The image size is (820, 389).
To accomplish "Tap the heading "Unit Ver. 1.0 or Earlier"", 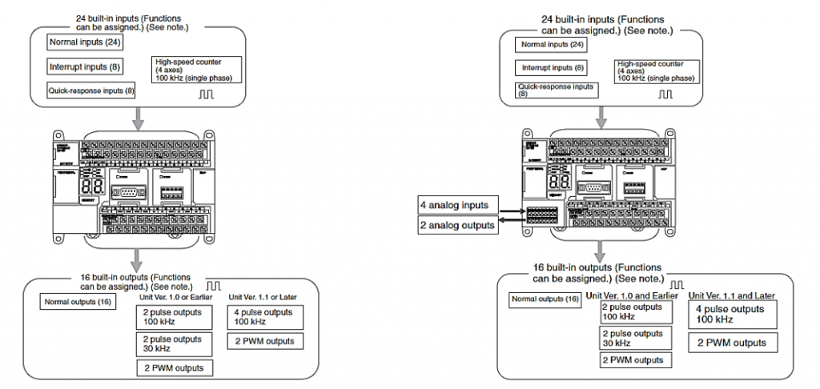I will point(174,299).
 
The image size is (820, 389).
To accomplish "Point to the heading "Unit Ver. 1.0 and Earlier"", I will point(632,296).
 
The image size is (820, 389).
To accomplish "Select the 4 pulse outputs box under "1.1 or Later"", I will point(264,317).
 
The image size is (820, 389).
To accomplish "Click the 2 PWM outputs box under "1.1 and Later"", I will point(734,343).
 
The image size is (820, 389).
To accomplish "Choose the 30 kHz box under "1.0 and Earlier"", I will point(632,338).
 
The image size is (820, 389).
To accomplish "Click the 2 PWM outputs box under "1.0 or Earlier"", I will point(174,367).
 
